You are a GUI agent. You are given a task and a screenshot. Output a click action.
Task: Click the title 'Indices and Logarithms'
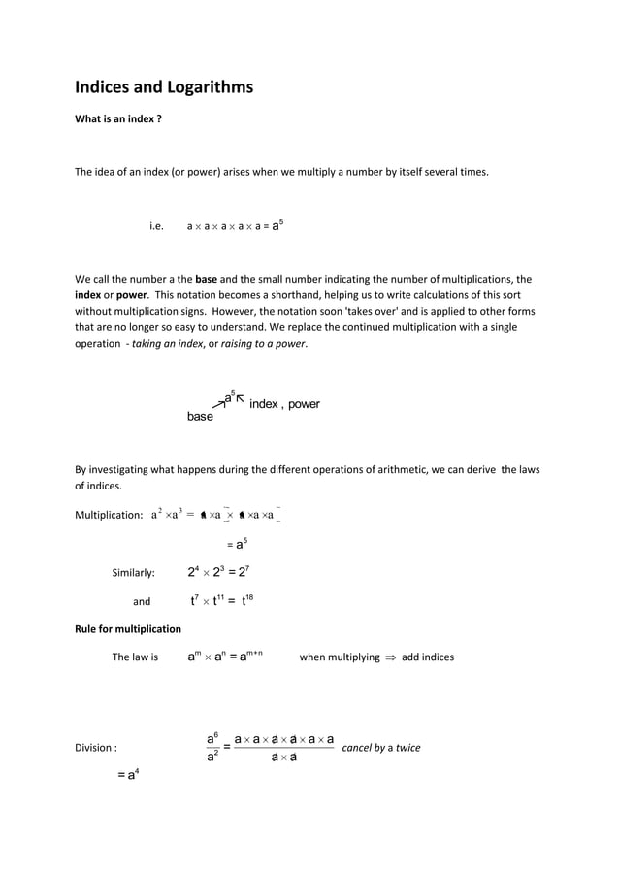pos(164,88)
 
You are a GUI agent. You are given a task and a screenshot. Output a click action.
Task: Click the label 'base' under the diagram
pos(200,417)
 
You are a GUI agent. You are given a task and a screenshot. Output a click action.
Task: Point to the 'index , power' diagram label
pos(284,403)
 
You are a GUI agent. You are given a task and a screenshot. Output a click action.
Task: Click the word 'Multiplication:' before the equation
pos(109,515)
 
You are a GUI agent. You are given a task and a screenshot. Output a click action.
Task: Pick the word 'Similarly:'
pos(133,572)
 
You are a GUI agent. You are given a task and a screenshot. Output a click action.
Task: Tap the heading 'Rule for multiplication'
pos(128,628)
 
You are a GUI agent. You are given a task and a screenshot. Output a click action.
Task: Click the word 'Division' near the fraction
pos(94,749)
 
